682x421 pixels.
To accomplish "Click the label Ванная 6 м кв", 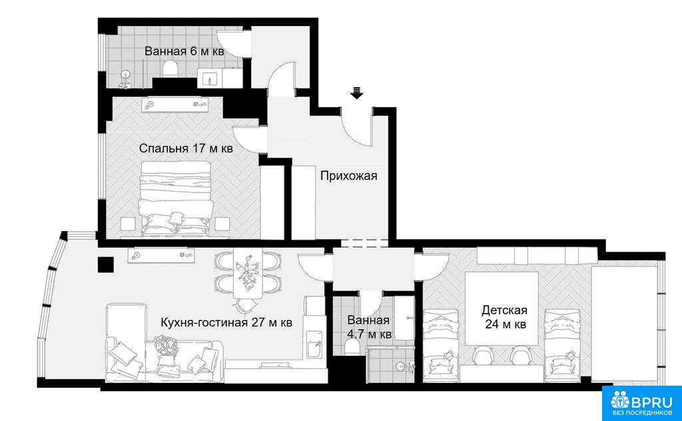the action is coord(184,51).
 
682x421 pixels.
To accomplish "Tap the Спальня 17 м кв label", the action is coord(186,149).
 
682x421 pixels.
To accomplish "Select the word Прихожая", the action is coord(348,176).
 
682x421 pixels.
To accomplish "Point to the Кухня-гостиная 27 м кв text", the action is coord(226,322).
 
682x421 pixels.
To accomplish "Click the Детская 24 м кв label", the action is coord(505,318).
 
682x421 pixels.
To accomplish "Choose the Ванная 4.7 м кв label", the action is coord(369,328).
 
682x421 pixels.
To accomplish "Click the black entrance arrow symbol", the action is coord(357,93).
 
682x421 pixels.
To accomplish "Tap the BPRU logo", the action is coord(641,403).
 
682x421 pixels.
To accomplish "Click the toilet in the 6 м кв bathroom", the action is coord(170,69).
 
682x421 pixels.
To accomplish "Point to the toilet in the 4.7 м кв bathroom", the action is coord(350,347).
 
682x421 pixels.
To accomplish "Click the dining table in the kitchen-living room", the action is coord(248,273).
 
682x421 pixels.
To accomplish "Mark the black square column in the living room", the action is coord(106,264).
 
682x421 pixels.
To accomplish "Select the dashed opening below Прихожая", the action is coord(364,243).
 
